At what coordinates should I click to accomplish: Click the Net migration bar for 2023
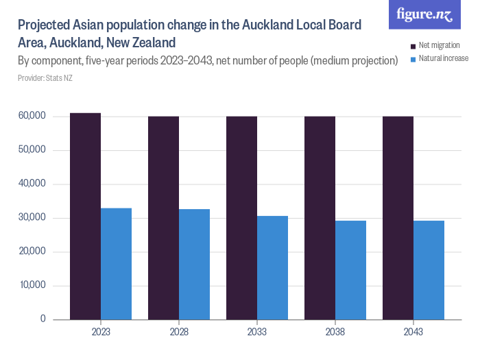(x=85, y=216)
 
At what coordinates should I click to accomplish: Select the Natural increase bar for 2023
(x=116, y=263)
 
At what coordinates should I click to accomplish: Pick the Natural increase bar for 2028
(x=194, y=264)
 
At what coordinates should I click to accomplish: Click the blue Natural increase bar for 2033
(x=272, y=267)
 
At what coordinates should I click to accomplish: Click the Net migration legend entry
(x=439, y=46)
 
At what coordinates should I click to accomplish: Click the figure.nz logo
(x=424, y=14)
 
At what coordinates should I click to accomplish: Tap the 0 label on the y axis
(x=42, y=319)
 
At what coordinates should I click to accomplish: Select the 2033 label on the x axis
(x=257, y=332)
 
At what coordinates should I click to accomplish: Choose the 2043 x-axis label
(x=413, y=332)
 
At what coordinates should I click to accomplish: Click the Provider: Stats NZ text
(x=45, y=78)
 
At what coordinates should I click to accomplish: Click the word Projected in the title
(x=45, y=25)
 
